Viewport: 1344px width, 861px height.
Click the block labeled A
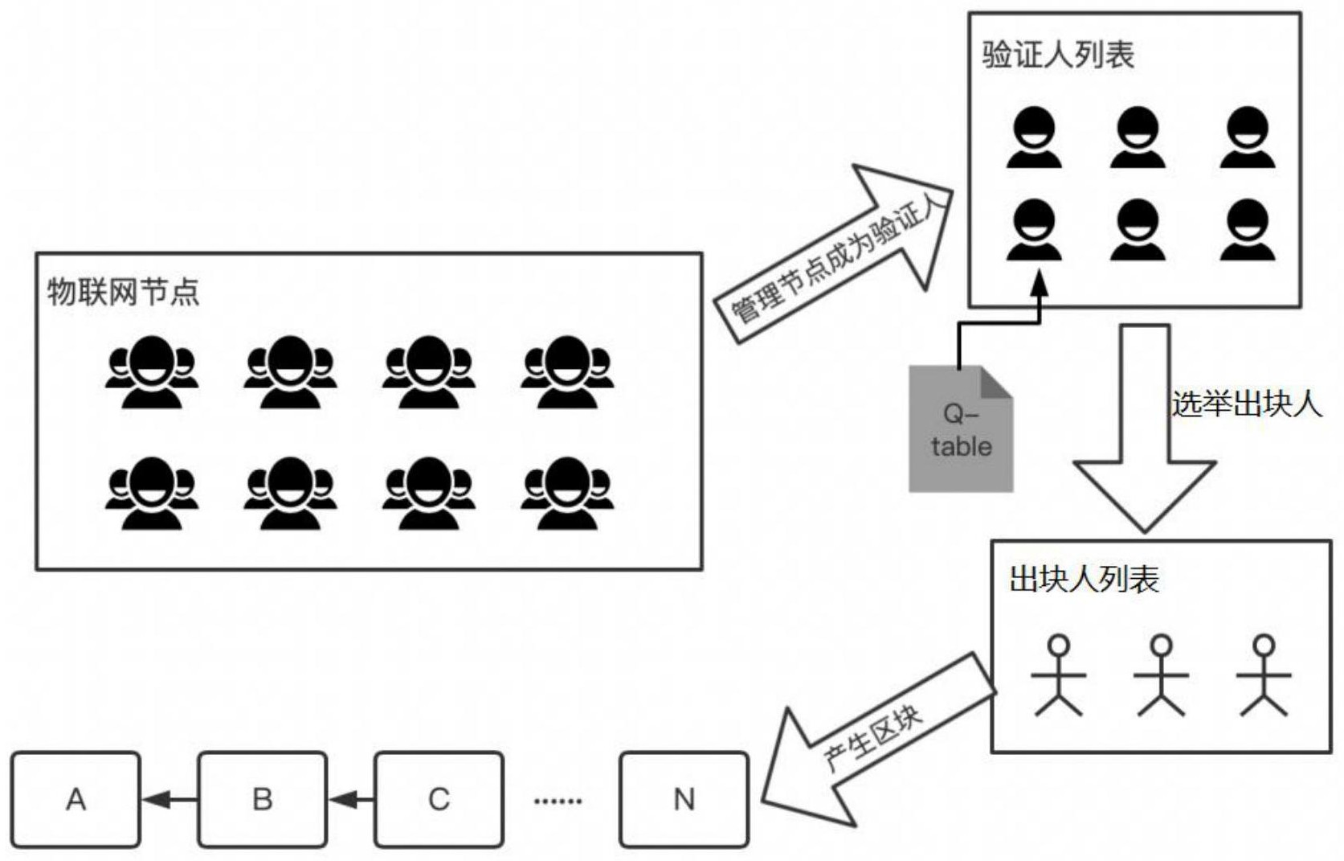[x=76, y=799]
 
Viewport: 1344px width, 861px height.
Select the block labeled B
[x=262, y=799]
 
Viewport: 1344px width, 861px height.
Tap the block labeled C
[x=439, y=799]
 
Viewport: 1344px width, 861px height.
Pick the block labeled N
[x=684, y=799]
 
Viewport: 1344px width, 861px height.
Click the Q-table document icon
[x=960, y=430]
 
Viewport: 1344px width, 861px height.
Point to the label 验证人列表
[x=1057, y=55]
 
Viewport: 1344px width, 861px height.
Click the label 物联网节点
[x=123, y=291]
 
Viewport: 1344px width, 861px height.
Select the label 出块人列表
[x=1084, y=579]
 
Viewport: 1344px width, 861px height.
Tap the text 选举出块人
[x=1245, y=403]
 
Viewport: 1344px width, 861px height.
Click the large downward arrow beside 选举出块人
[x=1144, y=434]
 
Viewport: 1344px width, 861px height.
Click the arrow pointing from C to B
[x=350, y=799]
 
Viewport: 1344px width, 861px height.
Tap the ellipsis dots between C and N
[x=558, y=801]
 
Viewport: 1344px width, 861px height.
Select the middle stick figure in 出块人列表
[x=1161, y=675]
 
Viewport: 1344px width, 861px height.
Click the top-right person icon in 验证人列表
[x=1247, y=137]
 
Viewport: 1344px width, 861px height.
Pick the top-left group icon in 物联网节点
[x=151, y=371]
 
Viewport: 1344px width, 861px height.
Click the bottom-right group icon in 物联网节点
[x=566, y=492]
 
